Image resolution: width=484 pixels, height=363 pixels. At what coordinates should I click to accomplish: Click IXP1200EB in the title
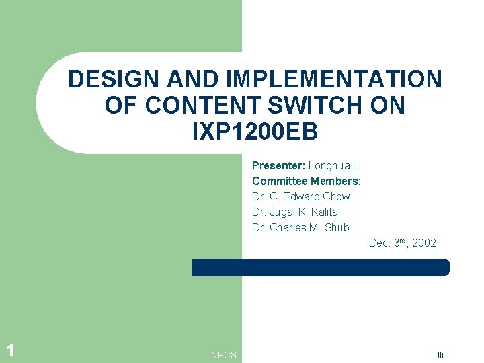click(255, 132)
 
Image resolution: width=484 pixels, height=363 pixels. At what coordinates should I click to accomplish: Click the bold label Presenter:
click(279, 165)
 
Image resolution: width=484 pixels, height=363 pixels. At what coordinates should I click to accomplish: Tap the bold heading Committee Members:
click(307, 181)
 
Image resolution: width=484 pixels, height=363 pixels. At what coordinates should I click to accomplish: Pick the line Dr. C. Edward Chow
click(300, 196)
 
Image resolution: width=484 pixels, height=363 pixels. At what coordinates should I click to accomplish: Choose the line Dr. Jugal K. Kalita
click(295, 212)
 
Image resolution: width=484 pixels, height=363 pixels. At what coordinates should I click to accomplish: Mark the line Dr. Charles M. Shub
click(300, 227)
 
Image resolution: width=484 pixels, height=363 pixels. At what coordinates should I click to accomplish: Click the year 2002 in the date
click(424, 243)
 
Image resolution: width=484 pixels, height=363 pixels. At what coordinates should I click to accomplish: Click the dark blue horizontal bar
click(321, 268)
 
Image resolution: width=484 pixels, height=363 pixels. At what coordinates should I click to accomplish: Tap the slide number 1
click(9, 350)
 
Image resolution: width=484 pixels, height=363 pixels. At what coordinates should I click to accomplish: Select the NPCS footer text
click(223, 355)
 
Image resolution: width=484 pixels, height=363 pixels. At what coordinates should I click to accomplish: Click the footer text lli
click(441, 355)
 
